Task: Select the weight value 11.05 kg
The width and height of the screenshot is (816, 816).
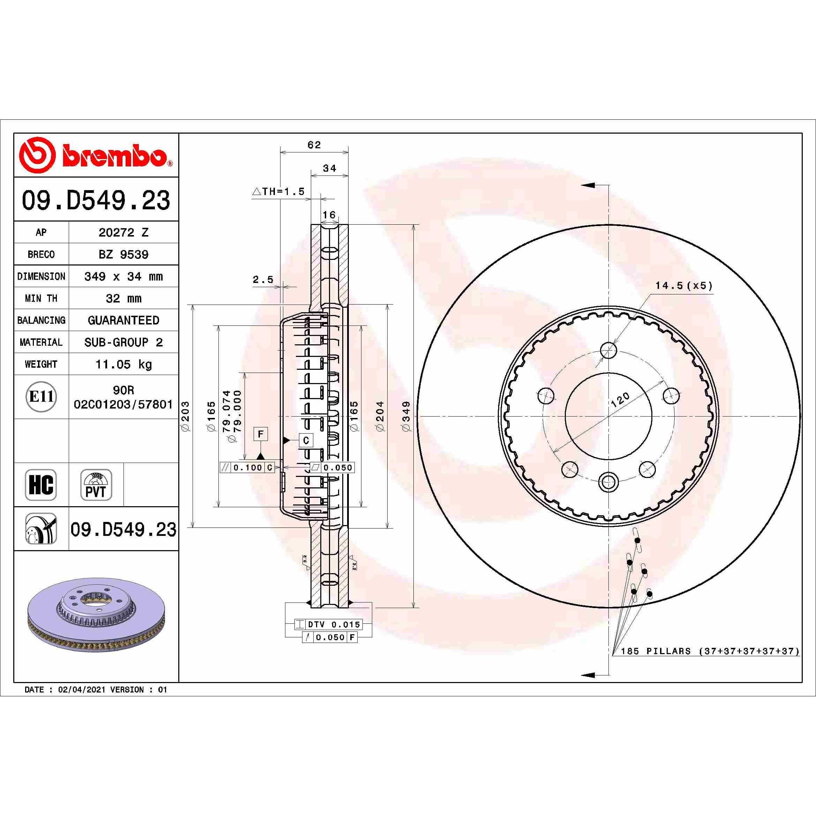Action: (x=124, y=364)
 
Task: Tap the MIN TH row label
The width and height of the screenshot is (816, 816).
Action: (x=41, y=298)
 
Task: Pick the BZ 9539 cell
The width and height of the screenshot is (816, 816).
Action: (x=123, y=254)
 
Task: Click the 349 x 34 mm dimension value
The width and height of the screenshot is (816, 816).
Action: (x=123, y=276)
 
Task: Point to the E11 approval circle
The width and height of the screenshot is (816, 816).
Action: (x=41, y=397)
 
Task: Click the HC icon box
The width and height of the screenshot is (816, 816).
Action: (x=41, y=485)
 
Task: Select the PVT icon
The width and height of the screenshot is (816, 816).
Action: (x=96, y=485)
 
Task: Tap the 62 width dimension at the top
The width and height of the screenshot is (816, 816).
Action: (x=314, y=145)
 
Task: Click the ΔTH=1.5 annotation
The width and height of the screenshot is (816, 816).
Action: (x=279, y=191)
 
